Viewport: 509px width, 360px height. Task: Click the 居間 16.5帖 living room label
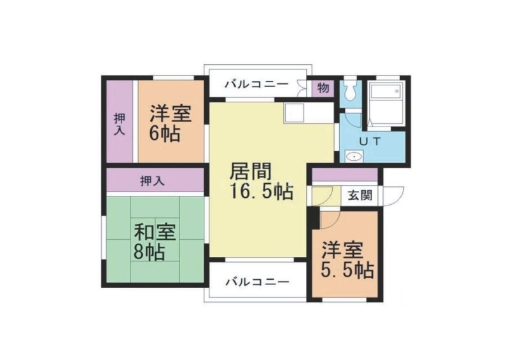click(261, 181)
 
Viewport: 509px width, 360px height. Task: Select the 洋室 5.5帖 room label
click(347, 260)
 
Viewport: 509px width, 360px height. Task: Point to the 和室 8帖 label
click(155, 242)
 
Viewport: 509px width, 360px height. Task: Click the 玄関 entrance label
click(359, 196)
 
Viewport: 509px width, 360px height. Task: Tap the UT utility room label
click(370, 142)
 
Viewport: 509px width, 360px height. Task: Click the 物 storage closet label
click(323, 88)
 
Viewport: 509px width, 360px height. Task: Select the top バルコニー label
click(257, 85)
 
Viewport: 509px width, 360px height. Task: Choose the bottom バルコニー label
click(257, 282)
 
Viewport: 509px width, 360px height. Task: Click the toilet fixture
click(349, 90)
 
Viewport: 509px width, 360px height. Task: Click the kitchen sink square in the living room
click(293, 113)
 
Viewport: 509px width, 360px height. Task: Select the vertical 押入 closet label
click(120, 124)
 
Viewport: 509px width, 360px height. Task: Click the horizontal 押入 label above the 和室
click(152, 181)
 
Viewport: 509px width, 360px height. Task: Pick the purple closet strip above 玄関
click(345, 175)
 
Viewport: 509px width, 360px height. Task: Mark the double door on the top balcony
click(302, 88)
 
